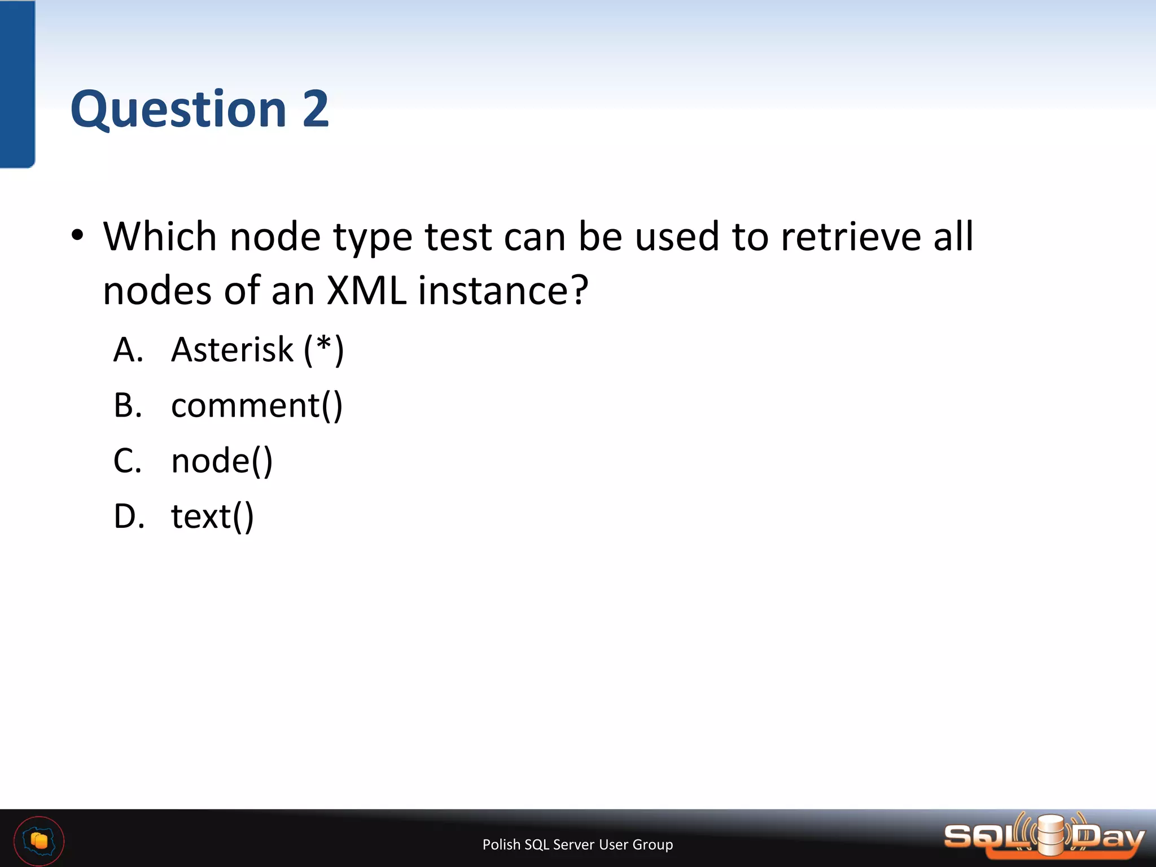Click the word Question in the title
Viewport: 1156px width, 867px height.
point(178,109)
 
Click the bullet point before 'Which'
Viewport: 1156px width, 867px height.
point(78,235)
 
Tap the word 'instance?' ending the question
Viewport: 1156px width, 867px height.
point(503,291)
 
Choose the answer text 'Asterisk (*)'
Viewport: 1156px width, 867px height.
point(257,349)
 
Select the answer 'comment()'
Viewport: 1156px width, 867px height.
point(257,405)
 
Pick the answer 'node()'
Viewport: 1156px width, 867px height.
point(222,461)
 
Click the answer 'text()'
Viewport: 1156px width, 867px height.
point(212,516)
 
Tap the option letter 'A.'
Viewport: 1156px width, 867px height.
point(128,349)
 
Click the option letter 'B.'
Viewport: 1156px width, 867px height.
point(128,405)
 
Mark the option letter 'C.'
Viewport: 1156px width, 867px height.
point(128,461)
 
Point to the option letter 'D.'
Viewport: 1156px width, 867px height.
point(129,516)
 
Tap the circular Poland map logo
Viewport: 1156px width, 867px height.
point(39,840)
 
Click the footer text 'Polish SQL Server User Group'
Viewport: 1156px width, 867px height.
point(577,844)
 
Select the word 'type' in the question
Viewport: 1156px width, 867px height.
point(373,237)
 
